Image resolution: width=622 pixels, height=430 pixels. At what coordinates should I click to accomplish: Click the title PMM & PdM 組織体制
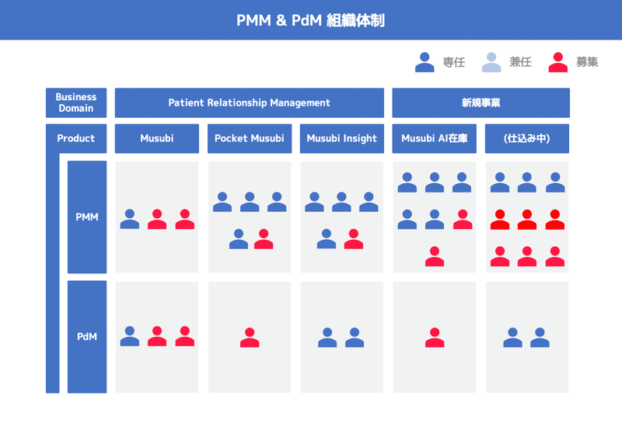(310, 20)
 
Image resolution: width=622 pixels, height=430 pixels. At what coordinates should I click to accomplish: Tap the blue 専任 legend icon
(425, 62)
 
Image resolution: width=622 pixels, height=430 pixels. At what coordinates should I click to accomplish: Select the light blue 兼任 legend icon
(491, 62)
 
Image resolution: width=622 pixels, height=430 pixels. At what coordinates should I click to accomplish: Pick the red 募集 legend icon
(557, 62)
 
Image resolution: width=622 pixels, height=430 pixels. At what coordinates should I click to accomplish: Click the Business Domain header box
(76, 102)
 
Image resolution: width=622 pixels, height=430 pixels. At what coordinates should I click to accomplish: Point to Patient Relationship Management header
(249, 102)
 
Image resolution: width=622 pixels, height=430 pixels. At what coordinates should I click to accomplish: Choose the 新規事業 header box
(480, 102)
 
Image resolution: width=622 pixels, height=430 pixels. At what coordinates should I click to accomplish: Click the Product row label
(76, 138)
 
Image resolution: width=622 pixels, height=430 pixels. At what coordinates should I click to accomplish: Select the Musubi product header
(157, 138)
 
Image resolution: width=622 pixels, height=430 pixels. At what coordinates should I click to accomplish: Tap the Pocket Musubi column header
(250, 138)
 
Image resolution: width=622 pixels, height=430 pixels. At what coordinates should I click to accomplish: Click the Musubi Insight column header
(342, 138)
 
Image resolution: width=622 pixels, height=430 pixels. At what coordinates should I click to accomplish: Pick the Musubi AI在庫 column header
(435, 138)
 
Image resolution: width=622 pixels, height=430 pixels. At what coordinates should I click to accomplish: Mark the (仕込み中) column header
(527, 138)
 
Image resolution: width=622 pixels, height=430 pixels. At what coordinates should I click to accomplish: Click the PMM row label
(87, 217)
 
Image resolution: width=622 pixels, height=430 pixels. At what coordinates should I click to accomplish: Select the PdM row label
(87, 337)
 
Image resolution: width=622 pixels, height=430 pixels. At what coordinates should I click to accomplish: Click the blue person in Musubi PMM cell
(130, 219)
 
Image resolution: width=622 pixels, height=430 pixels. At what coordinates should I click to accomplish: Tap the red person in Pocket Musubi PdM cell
(250, 338)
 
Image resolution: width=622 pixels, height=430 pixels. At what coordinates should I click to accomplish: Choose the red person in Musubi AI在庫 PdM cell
(435, 338)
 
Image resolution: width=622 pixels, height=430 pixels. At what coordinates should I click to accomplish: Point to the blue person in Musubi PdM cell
(130, 336)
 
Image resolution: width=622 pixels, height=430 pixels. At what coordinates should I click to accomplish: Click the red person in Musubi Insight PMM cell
(354, 239)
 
